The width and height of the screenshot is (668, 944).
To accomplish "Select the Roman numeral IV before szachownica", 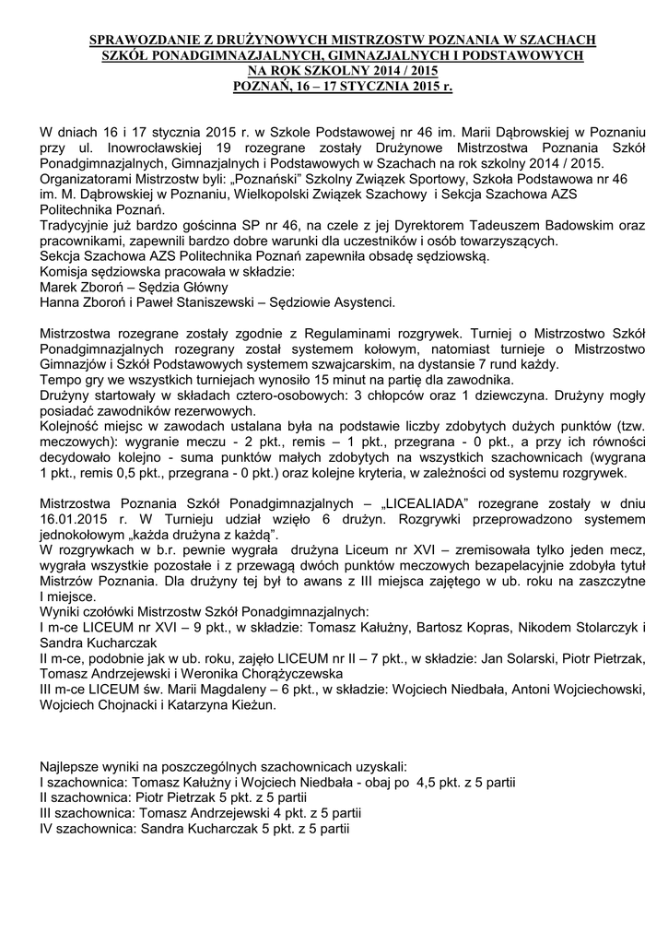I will (48, 828).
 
